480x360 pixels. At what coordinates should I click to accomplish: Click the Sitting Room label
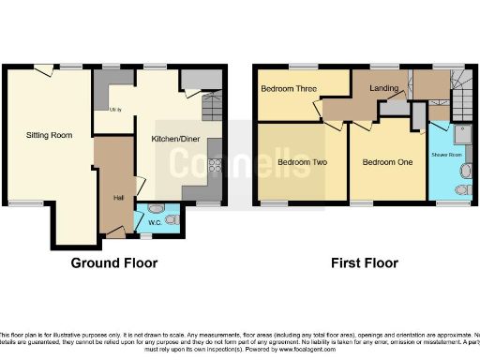(x=49, y=136)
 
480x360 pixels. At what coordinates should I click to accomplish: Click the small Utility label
(x=115, y=110)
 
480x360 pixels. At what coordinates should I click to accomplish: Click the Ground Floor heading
(x=114, y=263)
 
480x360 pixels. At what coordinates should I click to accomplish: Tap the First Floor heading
(x=365, y=263)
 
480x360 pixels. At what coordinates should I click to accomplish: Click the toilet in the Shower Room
(x=461, y=190)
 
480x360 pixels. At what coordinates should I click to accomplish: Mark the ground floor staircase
(x=212, y=97)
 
